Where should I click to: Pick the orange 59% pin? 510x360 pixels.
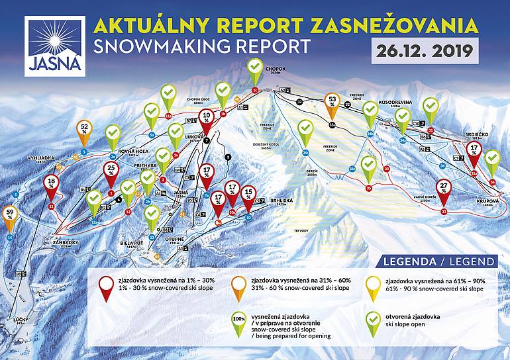tap(10, 217)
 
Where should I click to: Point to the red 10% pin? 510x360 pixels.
tap(207, 120)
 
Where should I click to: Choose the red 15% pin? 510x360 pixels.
tap(248, 196)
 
